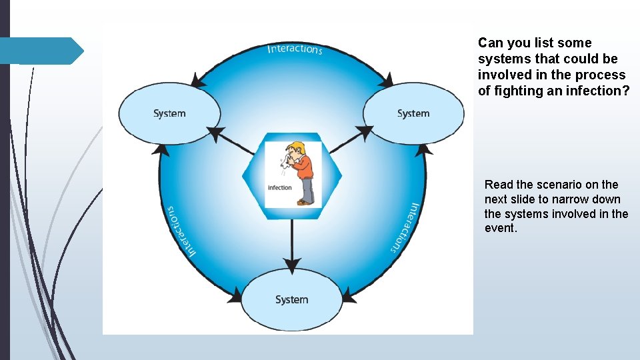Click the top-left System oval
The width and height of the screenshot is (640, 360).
(169, 113)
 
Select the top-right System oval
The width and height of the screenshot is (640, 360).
(413, 113)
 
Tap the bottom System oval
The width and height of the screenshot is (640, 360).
(292, 299)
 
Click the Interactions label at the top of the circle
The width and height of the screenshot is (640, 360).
(295, 49)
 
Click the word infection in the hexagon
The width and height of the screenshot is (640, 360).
(280, 187)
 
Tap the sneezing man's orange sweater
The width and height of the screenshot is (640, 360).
(305, 167)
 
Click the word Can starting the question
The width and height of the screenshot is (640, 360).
(490, 43)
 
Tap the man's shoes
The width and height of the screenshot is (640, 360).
(305, 201)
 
